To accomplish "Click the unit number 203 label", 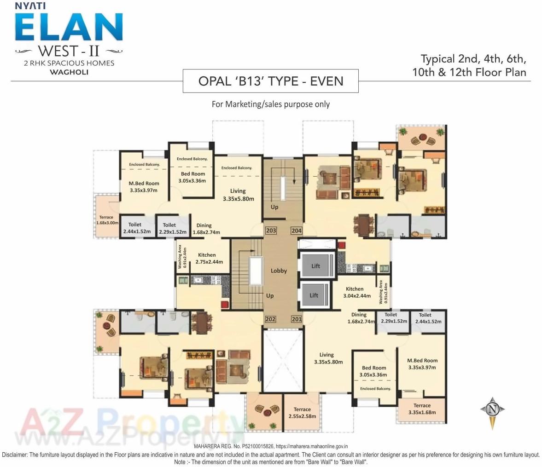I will coord(271,231).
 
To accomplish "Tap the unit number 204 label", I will coord(296,231).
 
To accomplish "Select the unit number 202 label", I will coord(270,319).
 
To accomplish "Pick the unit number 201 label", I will coord(296,319).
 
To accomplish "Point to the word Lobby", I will coord(279,271).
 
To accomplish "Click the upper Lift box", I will coord(315,265).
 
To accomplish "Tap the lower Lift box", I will coord(314,295).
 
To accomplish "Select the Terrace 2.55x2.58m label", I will coord(302,413).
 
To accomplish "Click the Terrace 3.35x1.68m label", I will coord(422,409).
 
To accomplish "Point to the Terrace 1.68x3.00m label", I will coord(107,220).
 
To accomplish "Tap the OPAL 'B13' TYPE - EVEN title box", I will coord(271,81).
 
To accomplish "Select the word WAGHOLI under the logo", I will coord(69,72).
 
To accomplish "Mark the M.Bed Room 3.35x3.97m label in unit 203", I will coord(144,186).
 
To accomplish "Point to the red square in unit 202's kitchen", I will coord(225,304).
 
